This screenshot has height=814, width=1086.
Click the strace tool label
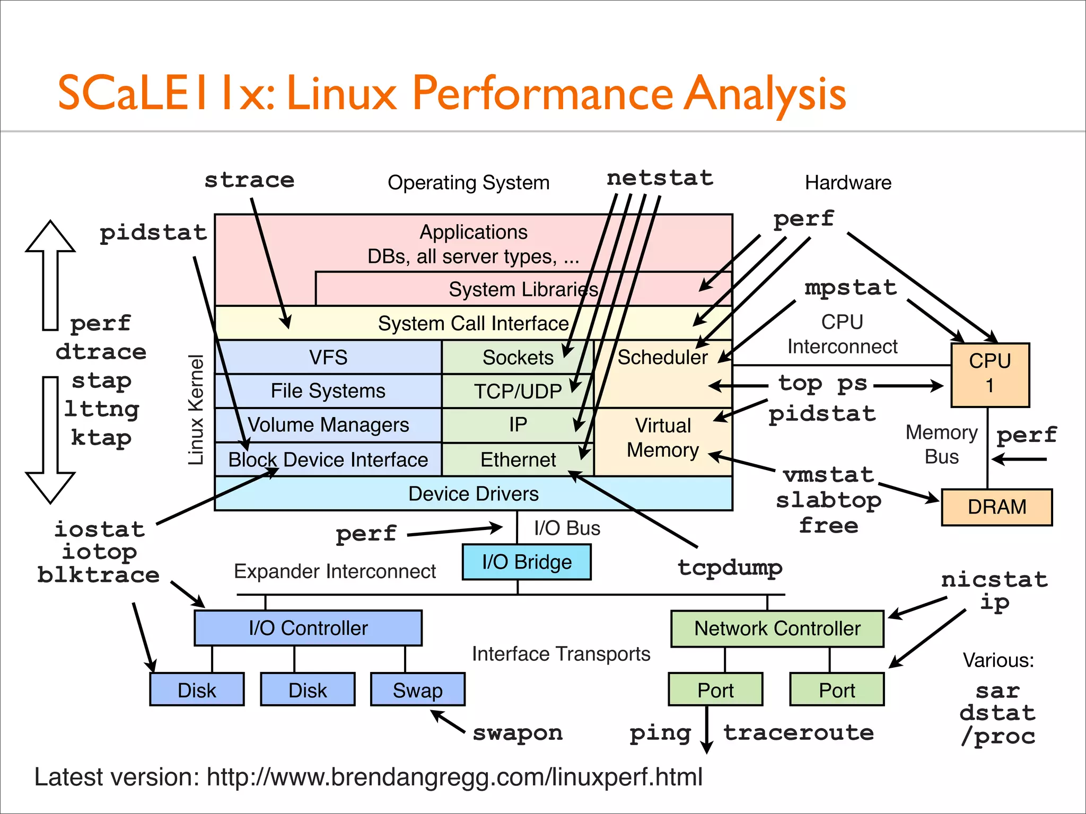249,180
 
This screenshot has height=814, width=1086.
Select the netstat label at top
660,178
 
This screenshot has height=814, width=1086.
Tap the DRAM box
996,507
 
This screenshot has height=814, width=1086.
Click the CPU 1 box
989,374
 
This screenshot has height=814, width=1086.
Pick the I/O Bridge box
526,562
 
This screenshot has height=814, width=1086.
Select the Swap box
417,690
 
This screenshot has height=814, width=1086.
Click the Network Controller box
777,629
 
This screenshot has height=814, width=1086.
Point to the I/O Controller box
308,628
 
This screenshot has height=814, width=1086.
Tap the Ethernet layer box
518,459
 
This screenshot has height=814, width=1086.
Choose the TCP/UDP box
518,391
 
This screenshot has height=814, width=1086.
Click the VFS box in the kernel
328,357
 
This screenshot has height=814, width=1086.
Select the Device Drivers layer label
473,494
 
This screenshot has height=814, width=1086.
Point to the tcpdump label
730,568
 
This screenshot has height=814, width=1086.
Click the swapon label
518,733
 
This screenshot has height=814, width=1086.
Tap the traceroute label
799,733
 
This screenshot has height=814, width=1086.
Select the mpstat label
851,288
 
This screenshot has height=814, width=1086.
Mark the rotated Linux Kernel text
196,410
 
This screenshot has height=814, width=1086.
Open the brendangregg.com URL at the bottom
454,777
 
